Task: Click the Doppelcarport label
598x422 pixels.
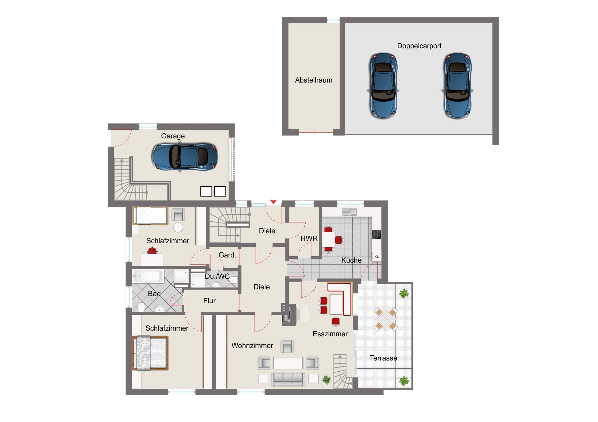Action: tap(419, 46)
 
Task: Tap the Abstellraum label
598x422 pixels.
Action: tap(314, 80)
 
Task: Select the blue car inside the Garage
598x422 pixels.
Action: tap(185, 157)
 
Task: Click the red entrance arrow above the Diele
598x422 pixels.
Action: tap(273, 202)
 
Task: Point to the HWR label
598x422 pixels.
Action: tap(309, 239)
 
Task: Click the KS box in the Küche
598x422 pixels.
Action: tap(377, 257)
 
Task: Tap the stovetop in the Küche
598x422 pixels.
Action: tap(376, 235)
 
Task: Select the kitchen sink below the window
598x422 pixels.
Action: tap(349, 212)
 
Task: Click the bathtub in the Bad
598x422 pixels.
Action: tap(148, 276)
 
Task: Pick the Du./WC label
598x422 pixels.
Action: tap(217, 276)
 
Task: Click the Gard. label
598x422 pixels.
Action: tap(227, 255)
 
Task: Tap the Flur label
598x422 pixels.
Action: tap(209, 301)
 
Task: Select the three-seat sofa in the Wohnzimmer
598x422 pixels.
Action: tap(288, 380)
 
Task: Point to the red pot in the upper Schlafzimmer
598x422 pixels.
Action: tap(152, 251)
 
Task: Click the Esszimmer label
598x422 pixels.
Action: tap(330, 334)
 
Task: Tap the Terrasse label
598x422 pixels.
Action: tap(383, 358)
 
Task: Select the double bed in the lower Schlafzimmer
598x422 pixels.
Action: tap(150, 353)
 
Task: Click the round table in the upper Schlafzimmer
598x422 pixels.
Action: tap(178, 228)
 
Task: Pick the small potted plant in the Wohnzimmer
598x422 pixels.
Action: tap(326, 380)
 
